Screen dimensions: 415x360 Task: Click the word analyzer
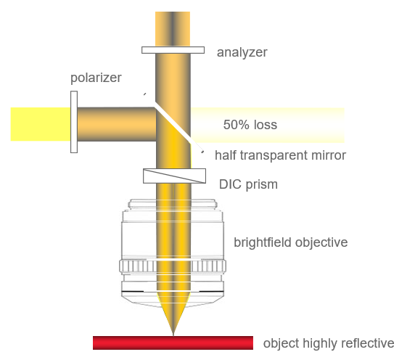(242, 52)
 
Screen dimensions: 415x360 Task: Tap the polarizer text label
(96, 78)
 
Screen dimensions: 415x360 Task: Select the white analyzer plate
(173, 50)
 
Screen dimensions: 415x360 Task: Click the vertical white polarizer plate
(74, 122)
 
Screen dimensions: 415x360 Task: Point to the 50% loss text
(250, 125)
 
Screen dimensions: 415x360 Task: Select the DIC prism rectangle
(174, 176)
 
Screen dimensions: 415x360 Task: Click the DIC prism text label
(248, 184)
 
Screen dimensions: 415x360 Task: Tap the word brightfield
(263, 242)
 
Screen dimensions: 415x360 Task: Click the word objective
(321, 242)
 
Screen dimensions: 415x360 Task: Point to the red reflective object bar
(173, 343)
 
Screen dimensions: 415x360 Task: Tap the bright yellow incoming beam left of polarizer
(41, 124)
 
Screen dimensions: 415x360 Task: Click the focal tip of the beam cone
(173, 335)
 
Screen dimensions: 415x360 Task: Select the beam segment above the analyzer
(173, 29)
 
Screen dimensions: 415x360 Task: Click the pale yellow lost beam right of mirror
(267, 126)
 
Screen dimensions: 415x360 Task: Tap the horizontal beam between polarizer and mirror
(117, 124)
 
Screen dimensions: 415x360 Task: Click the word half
(226, 155)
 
